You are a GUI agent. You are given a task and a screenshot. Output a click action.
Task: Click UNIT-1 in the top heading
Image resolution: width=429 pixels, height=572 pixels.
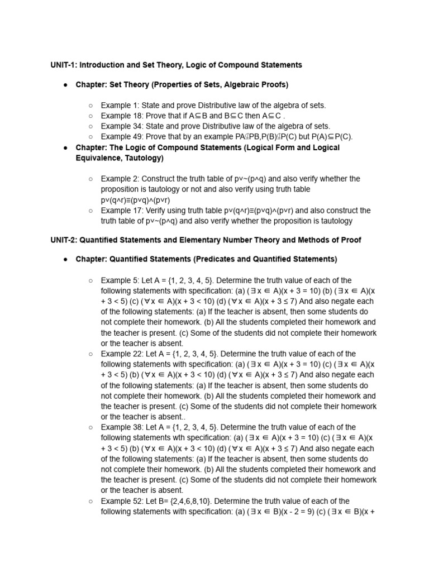click(64, 65)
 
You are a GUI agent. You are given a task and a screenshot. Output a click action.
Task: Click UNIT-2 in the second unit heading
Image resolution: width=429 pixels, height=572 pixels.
click(64, 240)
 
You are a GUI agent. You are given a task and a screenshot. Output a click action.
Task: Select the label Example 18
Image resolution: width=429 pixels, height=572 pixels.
click(121, 116)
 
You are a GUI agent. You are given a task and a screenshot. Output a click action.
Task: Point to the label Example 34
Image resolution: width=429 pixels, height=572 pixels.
click(121, 126)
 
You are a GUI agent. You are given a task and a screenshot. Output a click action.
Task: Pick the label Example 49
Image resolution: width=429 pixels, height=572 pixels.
click(121, 137)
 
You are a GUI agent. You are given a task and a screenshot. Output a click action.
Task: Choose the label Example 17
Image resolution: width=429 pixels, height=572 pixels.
click(121, 211)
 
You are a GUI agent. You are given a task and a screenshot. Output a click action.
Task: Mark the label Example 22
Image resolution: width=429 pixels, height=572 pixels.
click(121, 354)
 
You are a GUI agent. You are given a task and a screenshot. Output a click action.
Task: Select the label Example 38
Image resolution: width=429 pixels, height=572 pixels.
click(121, 427)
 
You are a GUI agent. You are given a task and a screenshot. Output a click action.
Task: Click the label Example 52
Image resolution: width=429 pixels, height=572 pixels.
click(121, 501)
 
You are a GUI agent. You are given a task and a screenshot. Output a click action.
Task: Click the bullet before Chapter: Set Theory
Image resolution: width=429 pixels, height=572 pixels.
click(66, 84)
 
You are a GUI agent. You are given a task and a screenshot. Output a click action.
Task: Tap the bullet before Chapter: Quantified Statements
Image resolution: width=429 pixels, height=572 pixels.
click(66, 259)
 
